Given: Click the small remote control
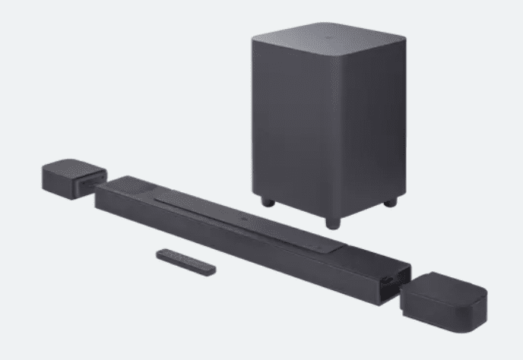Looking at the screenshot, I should coord(186,261).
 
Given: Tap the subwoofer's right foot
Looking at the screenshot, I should coord(390,202).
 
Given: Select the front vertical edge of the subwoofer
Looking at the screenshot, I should coord(331,137).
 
